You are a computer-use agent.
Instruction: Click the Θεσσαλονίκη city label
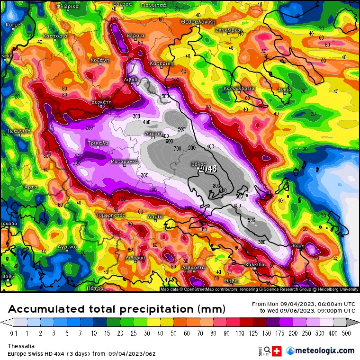pyautogui.click(x=198, y=22)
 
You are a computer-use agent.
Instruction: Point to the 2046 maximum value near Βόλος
pyautogui.click(x=208, y=169)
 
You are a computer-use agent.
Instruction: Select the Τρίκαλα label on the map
pyautogui.click(x=98, y=143)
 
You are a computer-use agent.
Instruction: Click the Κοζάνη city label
pyautogui.click(x=100, y=60)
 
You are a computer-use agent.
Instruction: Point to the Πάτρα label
pyautogui.click(x=95, y=288)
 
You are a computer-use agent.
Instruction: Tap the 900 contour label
pyautogui.click(x=192, y=148)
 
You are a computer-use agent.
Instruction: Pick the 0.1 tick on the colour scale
pyautogui.click(x=13, y=333)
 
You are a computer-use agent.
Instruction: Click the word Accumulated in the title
pyautogui.click(x=46, y=309)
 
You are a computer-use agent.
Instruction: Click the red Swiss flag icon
pyautogui.click(x=277, y=351)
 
